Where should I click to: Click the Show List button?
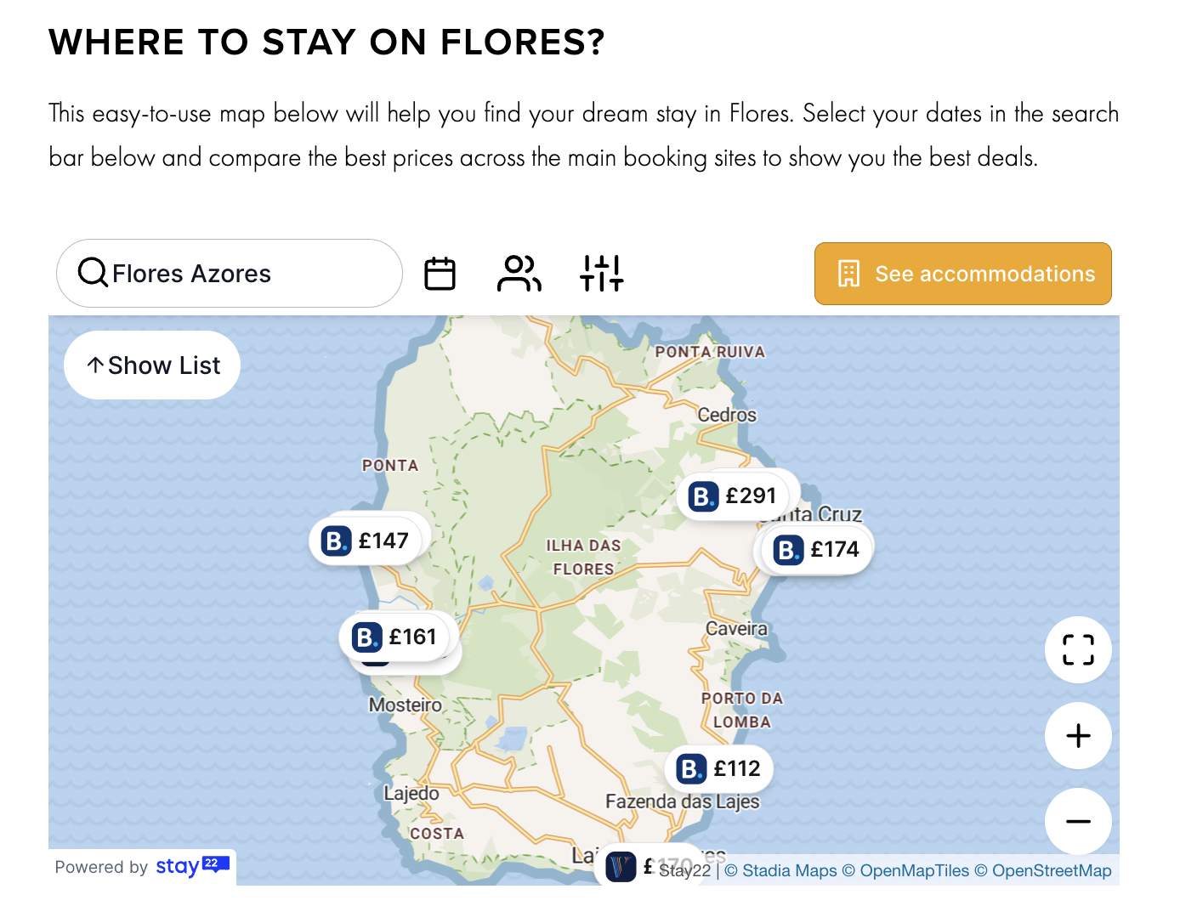click(152, 365)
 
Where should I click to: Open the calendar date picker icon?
click(440, 274)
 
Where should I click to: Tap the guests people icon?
click(519, 274)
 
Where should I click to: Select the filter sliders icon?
click(602, 274)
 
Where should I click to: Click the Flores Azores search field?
click(230, 274)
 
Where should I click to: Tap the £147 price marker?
click(366, 541)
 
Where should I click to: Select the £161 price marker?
click(396, 637)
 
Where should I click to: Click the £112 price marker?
click(719, 768)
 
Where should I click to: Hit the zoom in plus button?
click(1078, 736)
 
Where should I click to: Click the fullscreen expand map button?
click(1078, 650)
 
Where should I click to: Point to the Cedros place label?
click(727, 415)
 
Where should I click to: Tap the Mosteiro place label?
click(406, 705)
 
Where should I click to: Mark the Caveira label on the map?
click(736, 629)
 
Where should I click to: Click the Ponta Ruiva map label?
click(710, 352)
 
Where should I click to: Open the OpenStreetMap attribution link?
click(1052, 870)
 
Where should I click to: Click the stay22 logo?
click(192, 866)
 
